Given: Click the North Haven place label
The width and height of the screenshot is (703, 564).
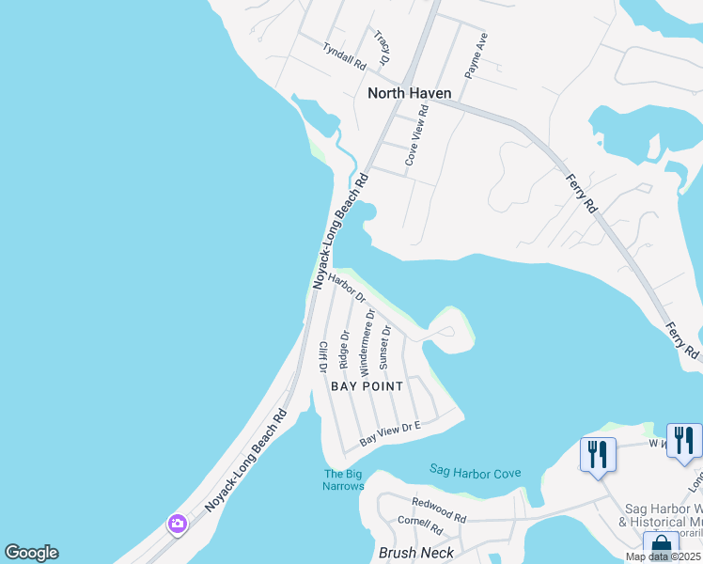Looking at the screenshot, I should point(409,93).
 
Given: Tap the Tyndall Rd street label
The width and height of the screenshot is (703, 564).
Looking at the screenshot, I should point(344,55).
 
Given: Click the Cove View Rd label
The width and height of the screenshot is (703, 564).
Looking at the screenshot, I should point(417,135).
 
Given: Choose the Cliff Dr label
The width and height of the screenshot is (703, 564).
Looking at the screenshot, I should point(323,358).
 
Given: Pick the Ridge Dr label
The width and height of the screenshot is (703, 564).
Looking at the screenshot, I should point(345,348).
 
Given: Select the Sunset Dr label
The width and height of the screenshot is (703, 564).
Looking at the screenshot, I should point(384,347).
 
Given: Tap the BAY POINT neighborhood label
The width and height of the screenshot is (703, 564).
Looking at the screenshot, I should point(367,386).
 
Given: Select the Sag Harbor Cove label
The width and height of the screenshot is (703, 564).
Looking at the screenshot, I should point(475,470).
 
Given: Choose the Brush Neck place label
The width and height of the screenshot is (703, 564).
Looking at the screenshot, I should point(415,553).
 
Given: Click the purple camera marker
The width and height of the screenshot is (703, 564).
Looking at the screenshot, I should point(176,523).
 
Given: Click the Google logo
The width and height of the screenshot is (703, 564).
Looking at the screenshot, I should point(31,553).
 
